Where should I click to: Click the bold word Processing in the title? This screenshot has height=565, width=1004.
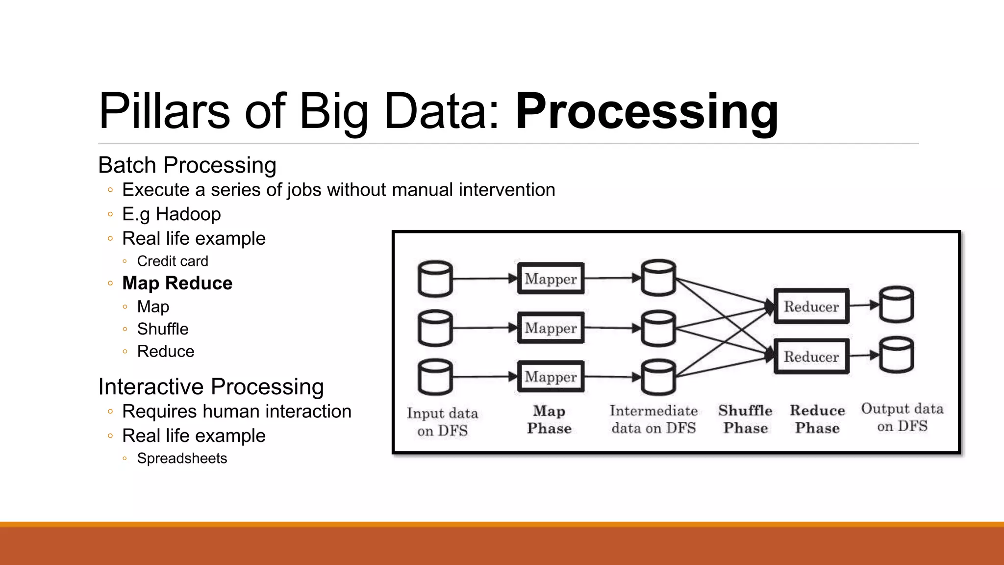coord(647,112)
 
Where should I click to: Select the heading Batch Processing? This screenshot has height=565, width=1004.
coord(187,165)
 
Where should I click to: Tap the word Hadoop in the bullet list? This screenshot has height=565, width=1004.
coord(188,214)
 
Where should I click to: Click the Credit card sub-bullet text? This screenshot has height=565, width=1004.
coord(173,261)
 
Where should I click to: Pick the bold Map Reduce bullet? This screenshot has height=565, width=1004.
coord(177,283)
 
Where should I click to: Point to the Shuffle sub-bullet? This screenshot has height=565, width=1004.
coord(163,329)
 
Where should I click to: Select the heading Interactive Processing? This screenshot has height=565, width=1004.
coord(211,386)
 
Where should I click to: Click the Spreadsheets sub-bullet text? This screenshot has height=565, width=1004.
coord(182,458)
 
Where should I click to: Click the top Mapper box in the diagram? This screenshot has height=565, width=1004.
coord(551,279)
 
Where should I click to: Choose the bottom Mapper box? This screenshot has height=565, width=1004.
coord(551,377)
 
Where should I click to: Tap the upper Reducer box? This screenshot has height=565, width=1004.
coord(811,307)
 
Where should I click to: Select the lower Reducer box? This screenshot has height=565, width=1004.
coord(811,357)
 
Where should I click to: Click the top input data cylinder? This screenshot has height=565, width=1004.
coord(435,279)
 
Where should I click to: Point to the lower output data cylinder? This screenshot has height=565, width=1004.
coord(896,355)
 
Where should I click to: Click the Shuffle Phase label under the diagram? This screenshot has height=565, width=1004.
coord(745,419)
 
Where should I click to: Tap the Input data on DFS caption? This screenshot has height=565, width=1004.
coord(442,422)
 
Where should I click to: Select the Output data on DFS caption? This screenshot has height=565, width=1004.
coord(902,417)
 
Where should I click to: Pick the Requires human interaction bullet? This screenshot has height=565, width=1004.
coord(236,411)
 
